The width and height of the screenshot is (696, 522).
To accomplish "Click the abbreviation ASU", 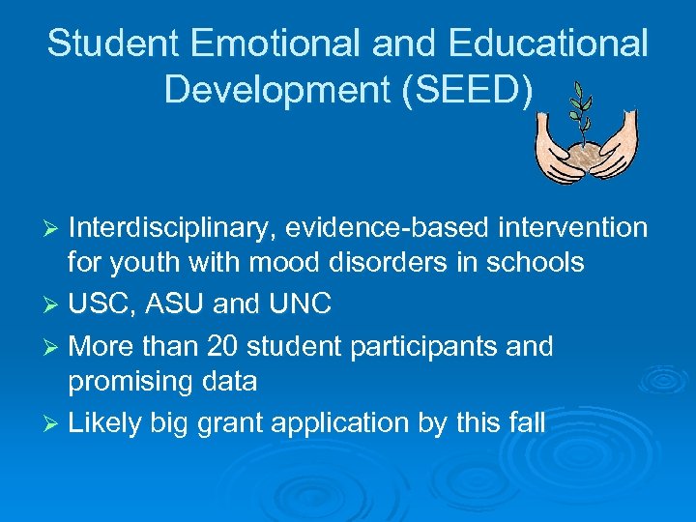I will click(176, 304).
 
